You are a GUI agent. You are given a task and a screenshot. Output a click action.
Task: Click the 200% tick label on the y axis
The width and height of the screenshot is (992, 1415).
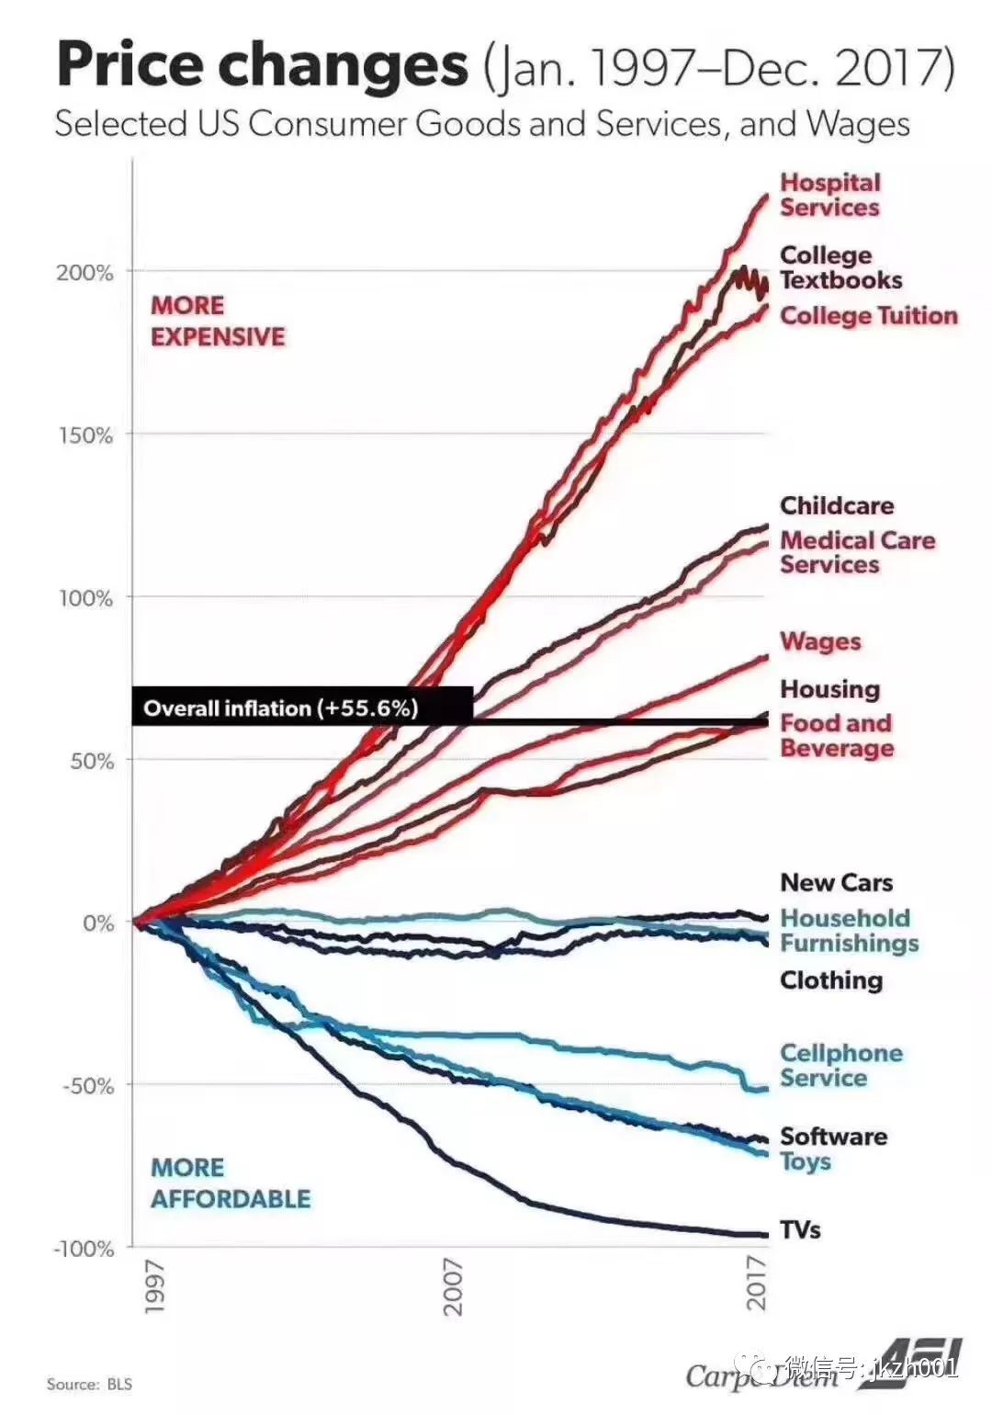click(85, 273)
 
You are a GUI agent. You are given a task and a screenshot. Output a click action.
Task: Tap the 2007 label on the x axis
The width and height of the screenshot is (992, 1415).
click(453, 1286)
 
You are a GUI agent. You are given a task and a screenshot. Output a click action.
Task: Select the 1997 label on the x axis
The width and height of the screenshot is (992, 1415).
click(153, 1286)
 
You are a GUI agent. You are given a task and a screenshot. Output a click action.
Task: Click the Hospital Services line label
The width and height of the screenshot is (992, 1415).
click(829, 195)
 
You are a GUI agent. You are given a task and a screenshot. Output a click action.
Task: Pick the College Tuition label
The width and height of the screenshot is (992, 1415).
click(868, 316)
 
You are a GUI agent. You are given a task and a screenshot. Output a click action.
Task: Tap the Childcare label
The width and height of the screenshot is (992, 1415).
click(836, 505)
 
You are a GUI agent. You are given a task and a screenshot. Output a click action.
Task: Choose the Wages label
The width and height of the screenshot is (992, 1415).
click(820, 641)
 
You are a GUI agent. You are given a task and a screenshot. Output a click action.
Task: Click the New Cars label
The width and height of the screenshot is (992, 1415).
click(836, 883)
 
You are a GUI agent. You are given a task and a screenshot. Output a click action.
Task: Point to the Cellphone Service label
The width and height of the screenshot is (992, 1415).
click(840, 1066)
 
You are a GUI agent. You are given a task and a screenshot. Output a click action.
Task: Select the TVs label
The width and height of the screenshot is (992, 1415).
click(800, 1229)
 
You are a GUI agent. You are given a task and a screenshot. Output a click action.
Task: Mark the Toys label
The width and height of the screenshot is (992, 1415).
click(806, 1162)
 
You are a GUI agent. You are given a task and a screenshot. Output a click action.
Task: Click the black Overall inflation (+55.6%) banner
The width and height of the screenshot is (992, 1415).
click(302, 707)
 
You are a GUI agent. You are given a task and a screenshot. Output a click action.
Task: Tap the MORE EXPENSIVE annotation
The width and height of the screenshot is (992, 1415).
click(218, 321)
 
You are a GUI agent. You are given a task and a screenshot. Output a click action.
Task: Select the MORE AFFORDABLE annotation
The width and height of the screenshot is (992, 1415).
click(231, 1183)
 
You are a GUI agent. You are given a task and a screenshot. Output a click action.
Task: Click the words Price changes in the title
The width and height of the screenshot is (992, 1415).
click(263, 64)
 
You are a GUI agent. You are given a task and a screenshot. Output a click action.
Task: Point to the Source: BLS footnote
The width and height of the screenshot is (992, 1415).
click(89, 1384)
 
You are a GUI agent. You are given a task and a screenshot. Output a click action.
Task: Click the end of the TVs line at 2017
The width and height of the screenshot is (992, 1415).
click(766, 1234)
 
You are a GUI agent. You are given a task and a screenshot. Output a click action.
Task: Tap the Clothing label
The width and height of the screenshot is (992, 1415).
click(830, 980)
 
